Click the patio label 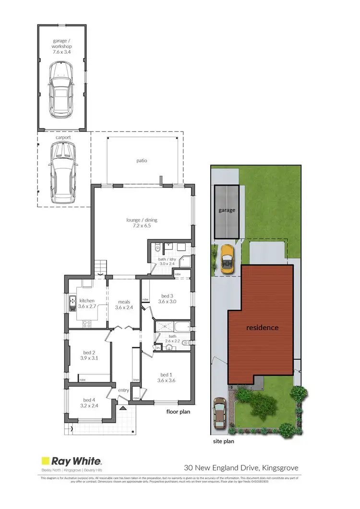(x=141, y=160)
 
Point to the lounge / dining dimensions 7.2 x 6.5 (x=142, y=226)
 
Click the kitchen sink (x=72, y=304)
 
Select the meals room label (x=124, y=302)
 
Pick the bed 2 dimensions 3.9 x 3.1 (x=89, y=358)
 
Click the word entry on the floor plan (x=124, y=390)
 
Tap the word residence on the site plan (x=262, y=328)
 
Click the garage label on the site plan (x=227, y=210)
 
